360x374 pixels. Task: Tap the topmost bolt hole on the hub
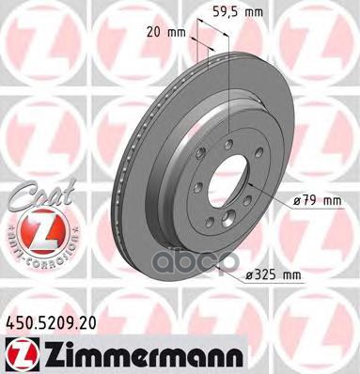[227, 142]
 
